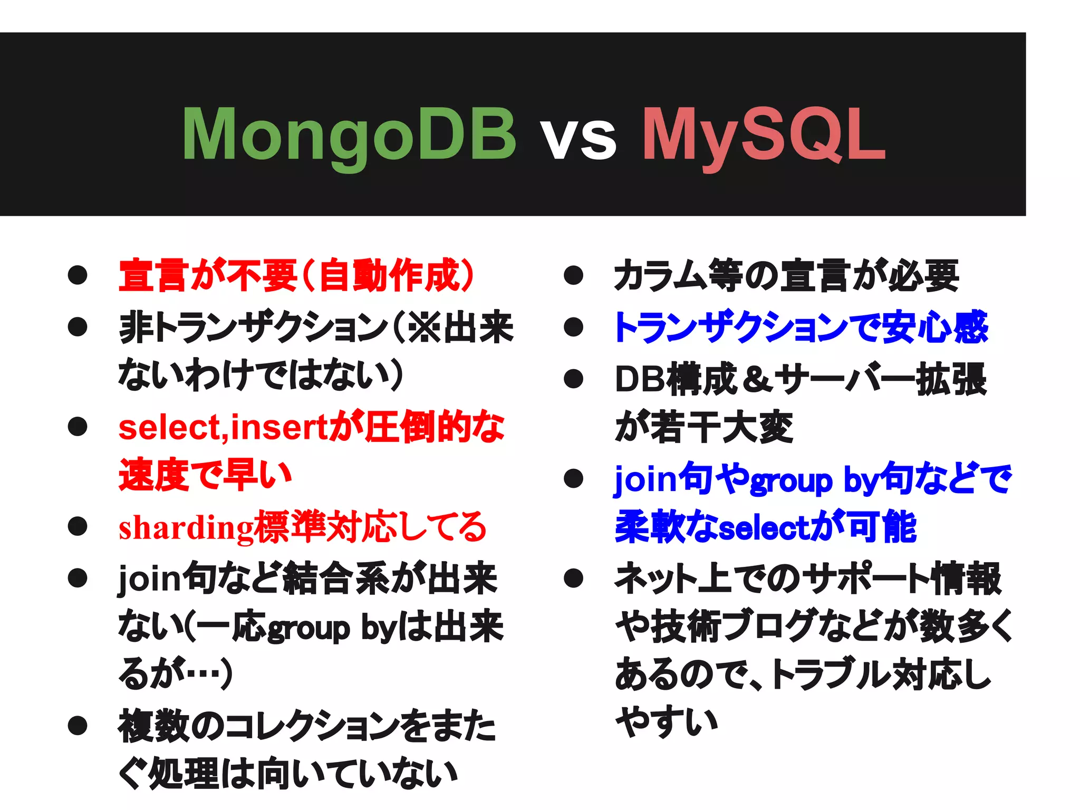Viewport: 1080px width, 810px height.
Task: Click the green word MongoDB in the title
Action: click(349, 134)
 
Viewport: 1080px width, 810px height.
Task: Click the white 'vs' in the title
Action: click(578, 138)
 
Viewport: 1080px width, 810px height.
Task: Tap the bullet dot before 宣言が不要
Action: click(78, 275)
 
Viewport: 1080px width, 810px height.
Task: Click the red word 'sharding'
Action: click(186, 527)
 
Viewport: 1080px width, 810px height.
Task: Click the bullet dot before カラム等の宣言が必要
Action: click(573, 275)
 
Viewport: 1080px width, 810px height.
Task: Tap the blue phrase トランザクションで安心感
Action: click(801, 327)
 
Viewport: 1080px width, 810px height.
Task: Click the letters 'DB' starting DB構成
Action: click(639, 379)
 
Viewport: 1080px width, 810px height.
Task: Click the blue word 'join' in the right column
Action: click(644, 479)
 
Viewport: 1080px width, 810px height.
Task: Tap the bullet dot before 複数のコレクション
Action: click(78, 726)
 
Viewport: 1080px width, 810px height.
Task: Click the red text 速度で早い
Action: click(205, 475)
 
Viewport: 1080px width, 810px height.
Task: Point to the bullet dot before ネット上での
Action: click(573, 578)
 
